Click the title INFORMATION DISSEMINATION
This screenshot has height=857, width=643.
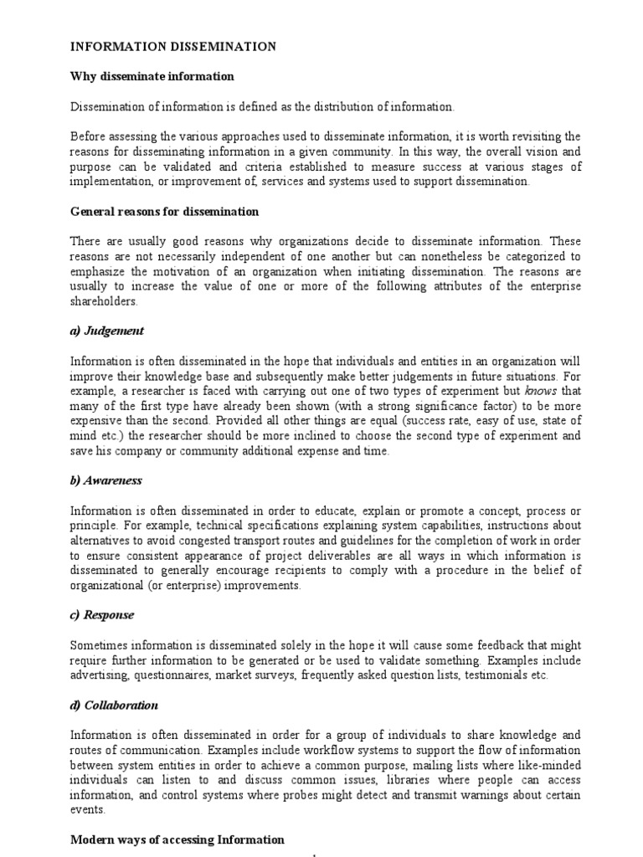(x=172, y=47)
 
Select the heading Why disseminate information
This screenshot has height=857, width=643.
(x=152, y=77)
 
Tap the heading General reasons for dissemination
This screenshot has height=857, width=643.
(x=164, y=212)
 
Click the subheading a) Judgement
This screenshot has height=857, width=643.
(x=107, y=331)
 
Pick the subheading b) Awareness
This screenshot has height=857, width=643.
(x=106, y=481)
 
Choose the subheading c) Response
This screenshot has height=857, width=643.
(x=102, y=616)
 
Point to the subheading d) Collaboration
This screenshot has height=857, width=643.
(x=114, y=706)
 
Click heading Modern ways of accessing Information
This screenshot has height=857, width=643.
(x=177, y=839)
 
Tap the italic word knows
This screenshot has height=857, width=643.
(x=540, y=392)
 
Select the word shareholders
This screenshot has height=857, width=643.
(x=103, y=301)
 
